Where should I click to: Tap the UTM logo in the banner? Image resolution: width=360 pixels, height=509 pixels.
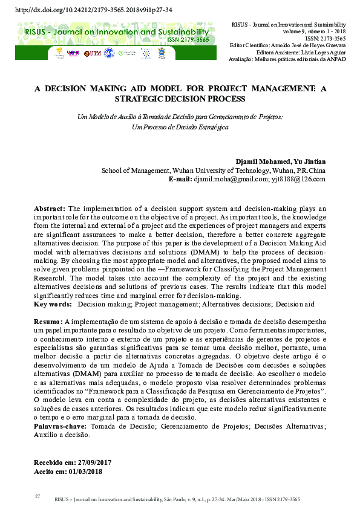92,54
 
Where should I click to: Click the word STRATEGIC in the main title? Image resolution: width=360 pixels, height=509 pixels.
134,99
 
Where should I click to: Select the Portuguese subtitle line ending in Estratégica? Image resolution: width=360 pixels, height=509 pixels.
180,127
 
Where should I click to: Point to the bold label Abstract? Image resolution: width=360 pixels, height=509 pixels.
50,209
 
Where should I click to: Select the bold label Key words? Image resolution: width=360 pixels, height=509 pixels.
53,305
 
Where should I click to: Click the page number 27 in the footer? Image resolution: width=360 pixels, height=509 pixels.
37,496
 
